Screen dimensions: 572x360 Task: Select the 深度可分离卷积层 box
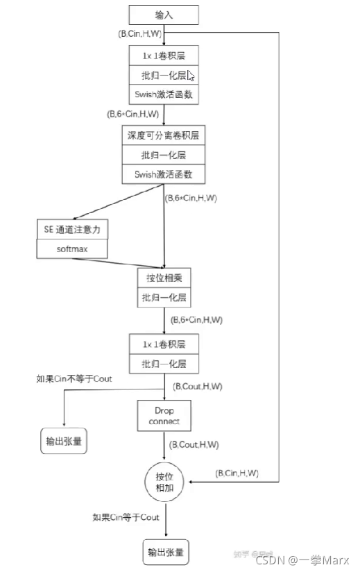point(164,135)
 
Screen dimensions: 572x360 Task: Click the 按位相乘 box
point(164,278)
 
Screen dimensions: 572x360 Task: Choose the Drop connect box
point(164,415)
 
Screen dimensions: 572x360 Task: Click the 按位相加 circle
point(164,482)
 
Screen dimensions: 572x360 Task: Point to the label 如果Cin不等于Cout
point(74,379)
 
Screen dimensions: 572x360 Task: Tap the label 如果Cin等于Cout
point(126,517)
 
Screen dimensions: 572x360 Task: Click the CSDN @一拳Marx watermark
point(309,560)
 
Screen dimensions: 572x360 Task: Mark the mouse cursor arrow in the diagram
point(190,75)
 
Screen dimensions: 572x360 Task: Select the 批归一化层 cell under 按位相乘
point(164,298)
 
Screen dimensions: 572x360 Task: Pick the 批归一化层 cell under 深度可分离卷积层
point(164,155)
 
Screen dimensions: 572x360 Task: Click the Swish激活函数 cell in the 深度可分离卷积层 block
point(164,174)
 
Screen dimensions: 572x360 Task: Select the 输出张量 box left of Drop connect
point(64,441)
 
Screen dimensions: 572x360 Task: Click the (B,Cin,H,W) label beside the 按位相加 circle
point(237,473)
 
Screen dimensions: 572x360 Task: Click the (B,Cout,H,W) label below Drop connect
point(196,444)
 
